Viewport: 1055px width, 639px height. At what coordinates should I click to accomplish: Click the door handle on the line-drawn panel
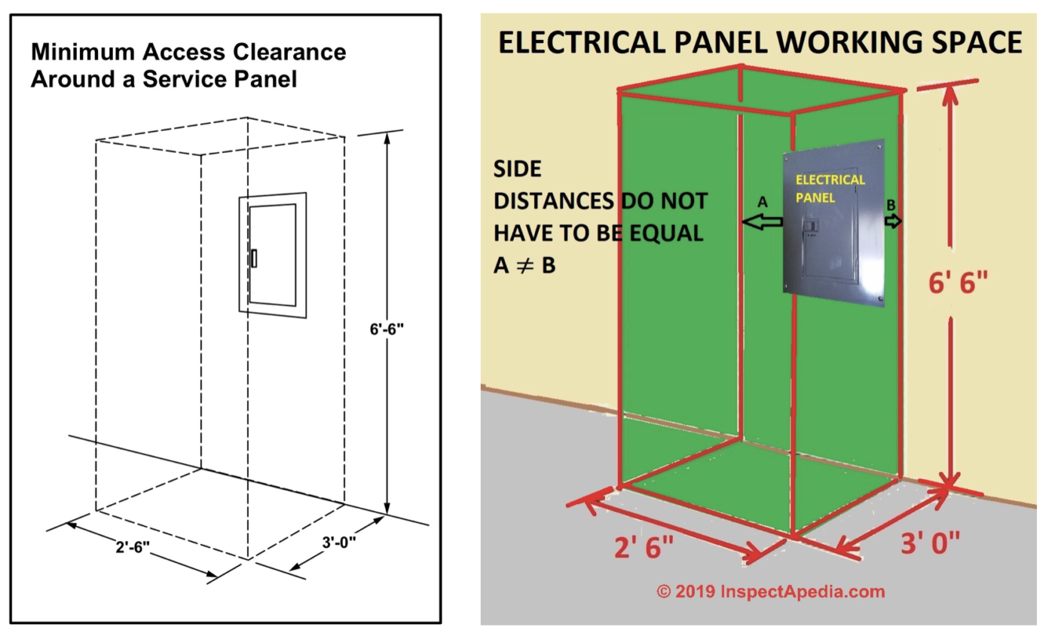(255, 258)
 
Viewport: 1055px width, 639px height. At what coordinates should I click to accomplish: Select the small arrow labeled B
(893, 221)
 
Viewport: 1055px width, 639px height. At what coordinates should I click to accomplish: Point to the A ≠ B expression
(524, 265)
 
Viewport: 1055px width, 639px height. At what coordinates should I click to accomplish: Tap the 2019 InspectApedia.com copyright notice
(770, 592)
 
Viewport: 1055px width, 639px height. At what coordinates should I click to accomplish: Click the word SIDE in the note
(517, 169)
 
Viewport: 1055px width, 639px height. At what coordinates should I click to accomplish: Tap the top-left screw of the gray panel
(788, 157)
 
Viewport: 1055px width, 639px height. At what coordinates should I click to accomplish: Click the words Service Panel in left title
(230, 79)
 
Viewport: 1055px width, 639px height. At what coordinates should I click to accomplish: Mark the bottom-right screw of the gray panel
(879, 299)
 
